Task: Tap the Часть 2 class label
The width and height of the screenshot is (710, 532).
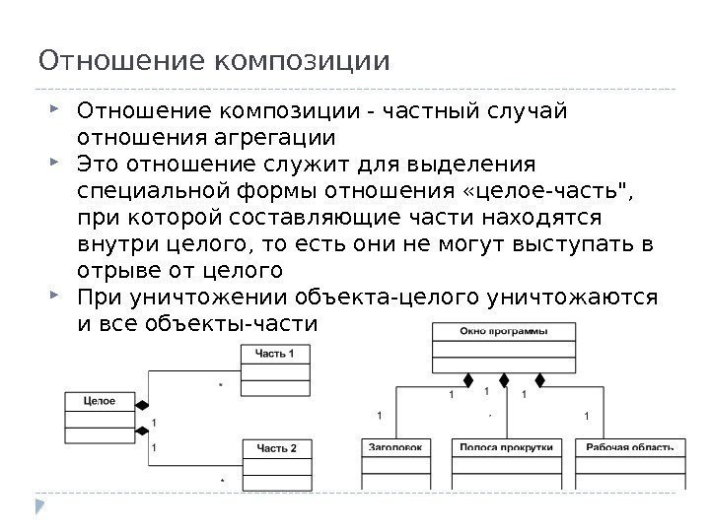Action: [277, 448]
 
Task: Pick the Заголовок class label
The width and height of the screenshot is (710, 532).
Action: [395, 447]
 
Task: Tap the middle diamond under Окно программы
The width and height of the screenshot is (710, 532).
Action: [504, 378]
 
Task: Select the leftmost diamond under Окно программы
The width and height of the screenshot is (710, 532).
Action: [468, 378]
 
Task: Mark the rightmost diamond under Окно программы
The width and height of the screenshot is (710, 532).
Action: [539, 378]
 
